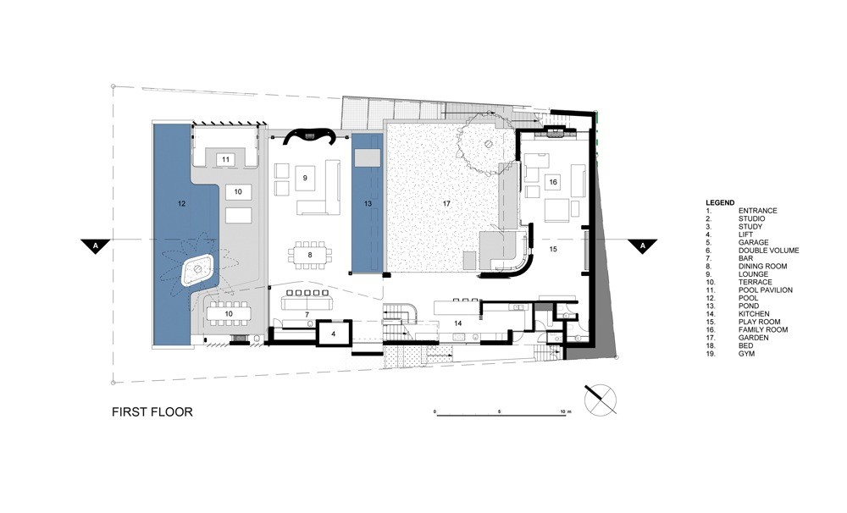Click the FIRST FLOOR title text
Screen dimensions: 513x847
(152, 413)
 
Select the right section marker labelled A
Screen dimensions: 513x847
(642, 245)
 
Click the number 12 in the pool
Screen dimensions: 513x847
(180, 204)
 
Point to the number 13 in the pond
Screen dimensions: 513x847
(367, 204)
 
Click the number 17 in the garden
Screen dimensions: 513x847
(446, 204)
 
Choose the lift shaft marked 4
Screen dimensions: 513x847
(334, 334)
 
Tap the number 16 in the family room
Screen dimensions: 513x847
(552, 182)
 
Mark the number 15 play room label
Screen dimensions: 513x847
(552, 250)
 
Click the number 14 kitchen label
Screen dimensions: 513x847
(456, 323)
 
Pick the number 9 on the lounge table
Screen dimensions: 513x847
(304, 178)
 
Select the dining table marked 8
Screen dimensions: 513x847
(310, 254)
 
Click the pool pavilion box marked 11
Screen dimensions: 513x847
(225, 159)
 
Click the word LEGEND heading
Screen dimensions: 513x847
(719, 202)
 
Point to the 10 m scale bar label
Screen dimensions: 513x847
(566, 410)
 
